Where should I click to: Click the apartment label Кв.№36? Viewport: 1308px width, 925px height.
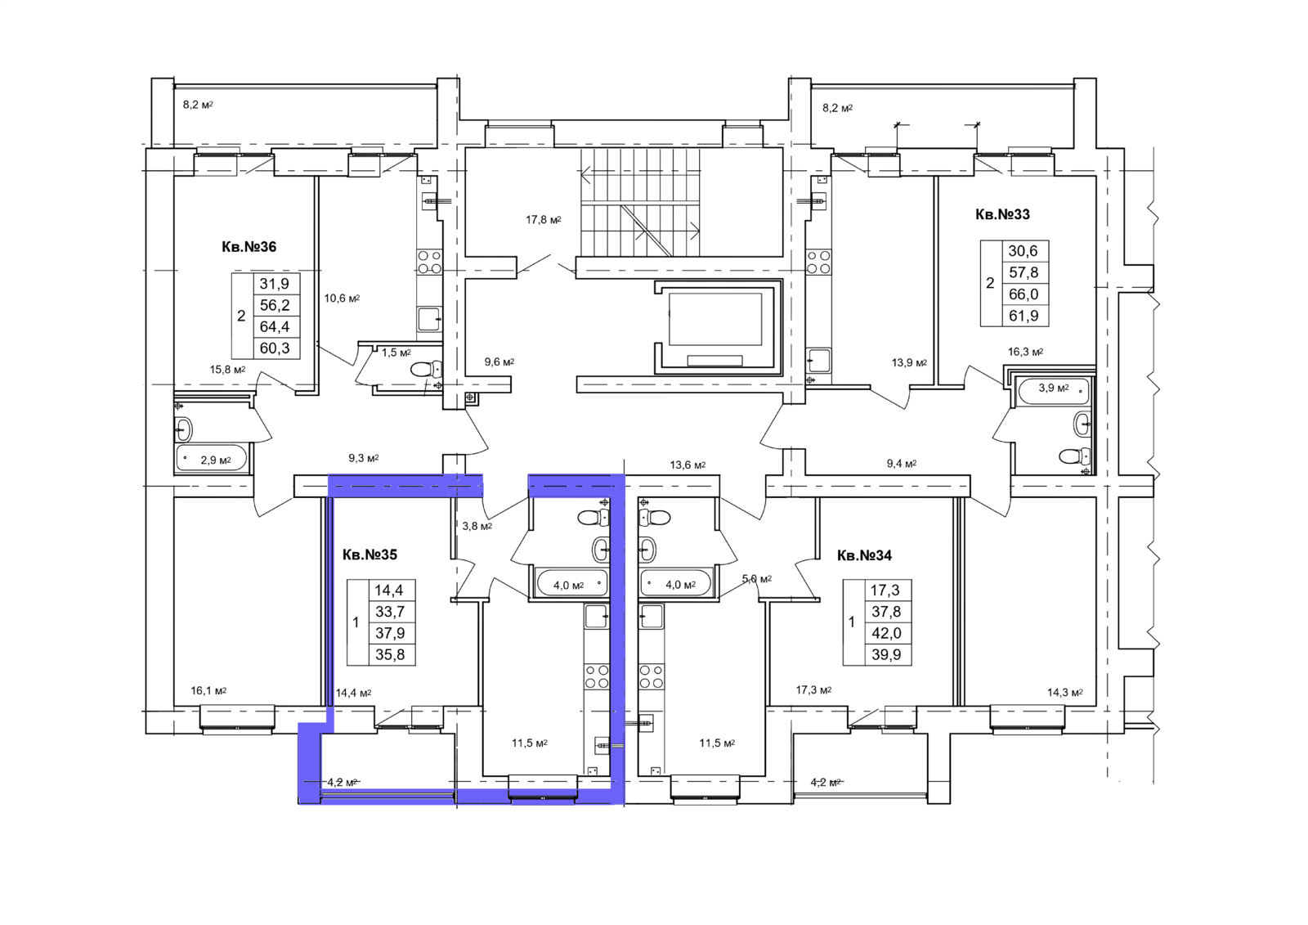[x=249, y=247]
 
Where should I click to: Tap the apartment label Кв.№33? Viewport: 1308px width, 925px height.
[x=1002, y=214]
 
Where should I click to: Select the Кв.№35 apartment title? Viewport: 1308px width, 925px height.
[x=370, y=555]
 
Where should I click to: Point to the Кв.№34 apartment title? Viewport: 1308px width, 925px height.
[x=864, y=555]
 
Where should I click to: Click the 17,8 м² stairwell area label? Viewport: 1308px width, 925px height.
[x=543, y=220]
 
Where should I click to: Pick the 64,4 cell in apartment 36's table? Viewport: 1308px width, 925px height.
[x=275, y=326]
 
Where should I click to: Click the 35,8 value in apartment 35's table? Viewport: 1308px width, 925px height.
[x=390, y=654]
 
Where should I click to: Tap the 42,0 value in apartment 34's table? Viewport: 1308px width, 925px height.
[x=886, y=633]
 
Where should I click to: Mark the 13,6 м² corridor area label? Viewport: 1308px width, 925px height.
[x=688, y=465]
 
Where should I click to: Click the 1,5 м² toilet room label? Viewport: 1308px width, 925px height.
[x=396, y=352]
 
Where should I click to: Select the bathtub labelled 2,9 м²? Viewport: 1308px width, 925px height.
[x=212, y=460]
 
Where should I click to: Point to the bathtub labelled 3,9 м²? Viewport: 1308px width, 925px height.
[x=1053, y=391]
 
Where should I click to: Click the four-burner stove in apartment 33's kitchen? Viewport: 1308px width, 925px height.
[x=818, y=263]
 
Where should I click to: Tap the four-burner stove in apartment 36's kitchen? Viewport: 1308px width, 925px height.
[x=429, y=263]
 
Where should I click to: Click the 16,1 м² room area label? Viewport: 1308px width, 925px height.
[x=208, y=690]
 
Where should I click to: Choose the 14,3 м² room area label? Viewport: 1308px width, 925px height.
[x=1065, y=693]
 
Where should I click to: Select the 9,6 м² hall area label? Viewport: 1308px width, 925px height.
[x=499, y=361]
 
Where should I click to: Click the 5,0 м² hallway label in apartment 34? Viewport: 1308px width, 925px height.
[x=757, y=579]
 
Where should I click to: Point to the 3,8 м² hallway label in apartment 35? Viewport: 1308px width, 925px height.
[x=477, y=526]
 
